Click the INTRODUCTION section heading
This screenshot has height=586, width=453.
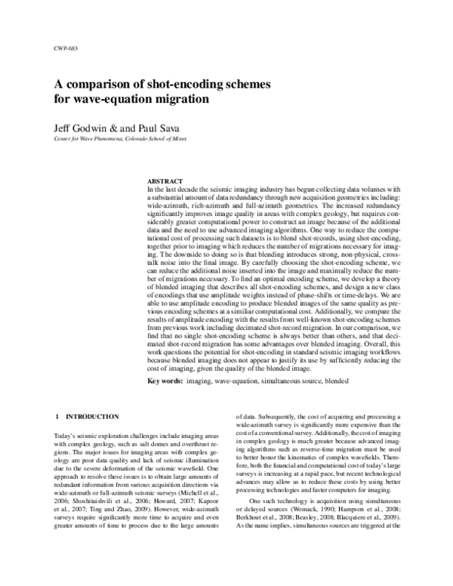pos(92,417)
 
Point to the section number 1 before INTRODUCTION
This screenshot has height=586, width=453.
pos(58,417)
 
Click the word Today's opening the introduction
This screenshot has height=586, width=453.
pos(67,437)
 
